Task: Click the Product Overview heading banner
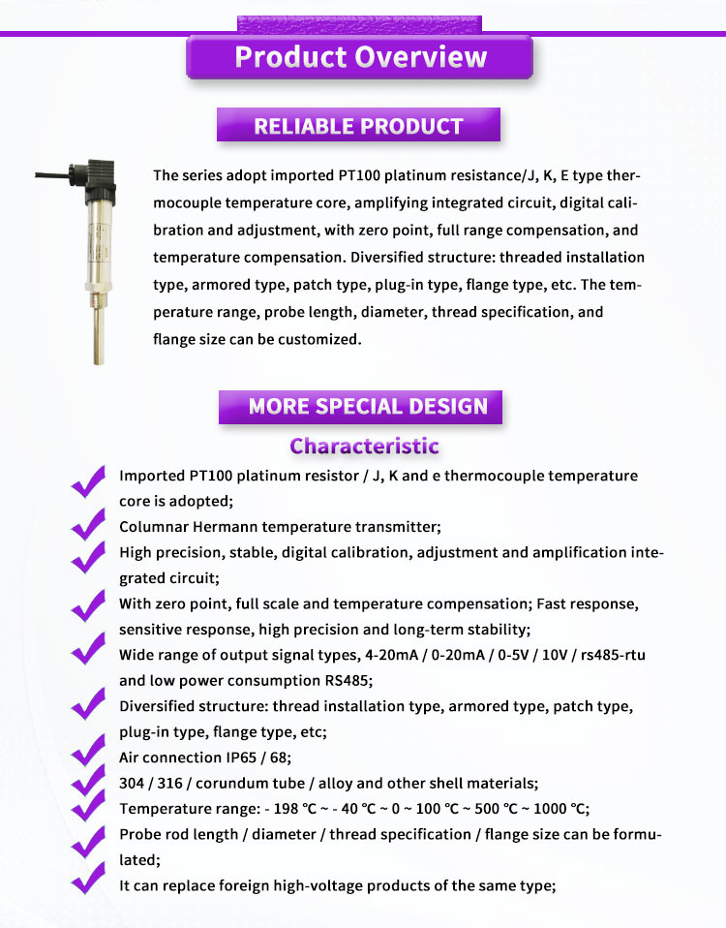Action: click(x=360, y=56)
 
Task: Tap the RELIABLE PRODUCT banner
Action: click(x=358, y=126)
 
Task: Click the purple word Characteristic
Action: click(x=364, y=447)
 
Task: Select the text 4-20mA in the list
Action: click(x=410, y=655)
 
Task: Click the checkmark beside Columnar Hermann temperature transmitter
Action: click(x=88, y=524)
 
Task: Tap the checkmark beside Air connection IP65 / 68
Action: click(x=88, y=753)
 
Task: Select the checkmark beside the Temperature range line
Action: click(x=88, y=805)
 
